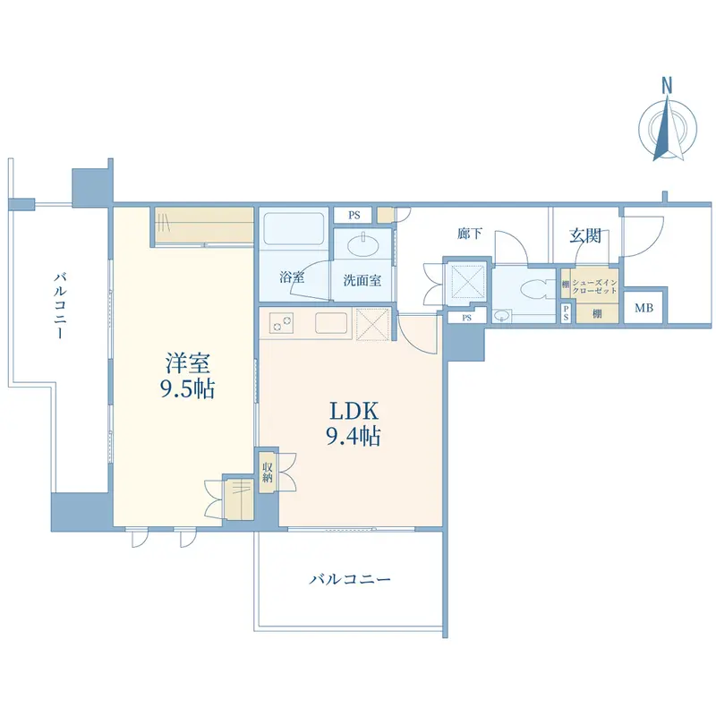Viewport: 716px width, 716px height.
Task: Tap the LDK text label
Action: (x=355, y=411)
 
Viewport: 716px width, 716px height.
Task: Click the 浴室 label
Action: (x=292, y=277)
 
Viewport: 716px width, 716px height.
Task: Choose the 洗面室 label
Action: (x=362, y=279)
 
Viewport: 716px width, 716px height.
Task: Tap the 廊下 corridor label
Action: (x=470, y=234)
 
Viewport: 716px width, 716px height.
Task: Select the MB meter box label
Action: (x=644, y=309)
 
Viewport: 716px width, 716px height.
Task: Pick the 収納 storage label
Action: (x=268, y=472)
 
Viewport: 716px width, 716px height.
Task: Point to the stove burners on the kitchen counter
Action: (x=284, y=323)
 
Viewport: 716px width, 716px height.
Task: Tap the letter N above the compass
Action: (x=667, y=86)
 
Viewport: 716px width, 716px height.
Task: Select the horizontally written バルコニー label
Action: (x=350, y=580)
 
